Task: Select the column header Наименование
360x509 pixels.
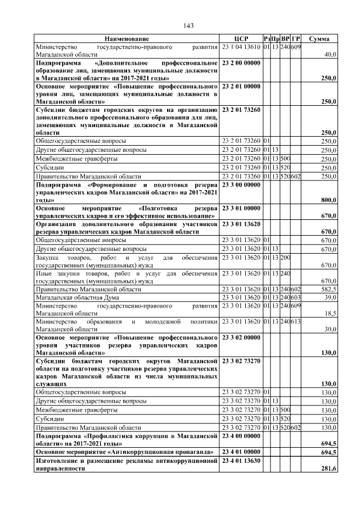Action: [127, 38]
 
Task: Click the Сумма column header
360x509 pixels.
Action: [319, 38]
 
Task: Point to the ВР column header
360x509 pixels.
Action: [286, 38]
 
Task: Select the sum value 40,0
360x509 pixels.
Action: [328, 55]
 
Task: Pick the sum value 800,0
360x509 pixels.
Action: [328, 200]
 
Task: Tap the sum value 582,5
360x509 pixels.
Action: [328, 289]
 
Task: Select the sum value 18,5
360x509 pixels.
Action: [329, 313]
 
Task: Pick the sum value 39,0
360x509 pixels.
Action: [329, 297]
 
